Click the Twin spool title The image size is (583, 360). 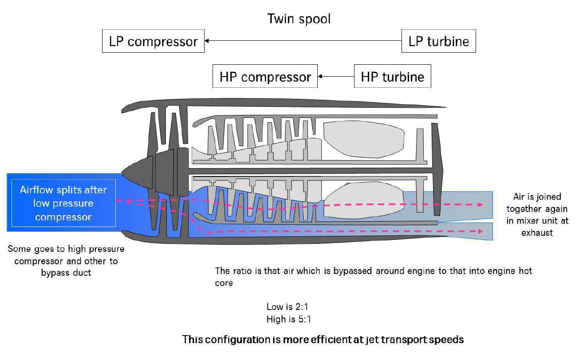pos(299,19)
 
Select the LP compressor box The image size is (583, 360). pos(153,41)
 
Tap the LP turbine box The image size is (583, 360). pos(438,41)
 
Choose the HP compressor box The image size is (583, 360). pos(265,77)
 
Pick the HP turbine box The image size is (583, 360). pos(392,77)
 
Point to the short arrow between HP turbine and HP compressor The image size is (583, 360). pos(335,76)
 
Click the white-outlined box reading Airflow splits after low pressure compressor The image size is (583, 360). pos(63,203)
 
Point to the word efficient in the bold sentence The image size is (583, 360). pos(326,340)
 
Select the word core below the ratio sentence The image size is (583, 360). pos(224,282)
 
